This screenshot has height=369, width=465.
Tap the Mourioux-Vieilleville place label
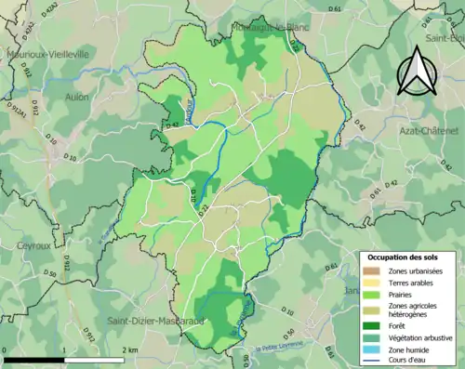coord(47,54)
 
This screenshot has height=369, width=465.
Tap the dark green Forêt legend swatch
coord(370,326)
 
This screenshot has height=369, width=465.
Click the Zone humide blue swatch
coord(370,351)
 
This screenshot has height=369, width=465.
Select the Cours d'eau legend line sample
coord(370,362)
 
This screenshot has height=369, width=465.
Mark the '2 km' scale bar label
coord(130,349)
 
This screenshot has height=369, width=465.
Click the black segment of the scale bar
coord(33,359)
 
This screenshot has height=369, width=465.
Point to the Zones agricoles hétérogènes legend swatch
coord(370,310)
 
